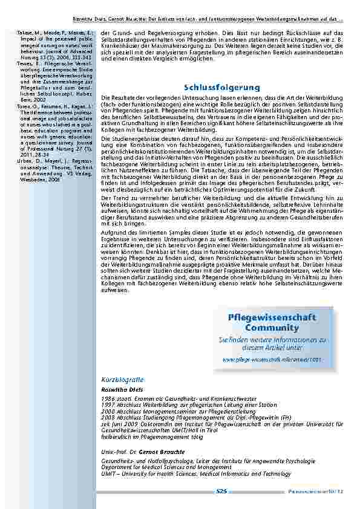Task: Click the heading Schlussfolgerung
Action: pyautogui.click(x=221, y=88)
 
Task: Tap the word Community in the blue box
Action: pyautogui.click(x=272, y=327)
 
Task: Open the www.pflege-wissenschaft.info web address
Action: pyautogui.click(x=272, y=359)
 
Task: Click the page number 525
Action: pyautogui.click(x=221, y=492)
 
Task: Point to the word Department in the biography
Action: pyautogui.click(x=116, y=467)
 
